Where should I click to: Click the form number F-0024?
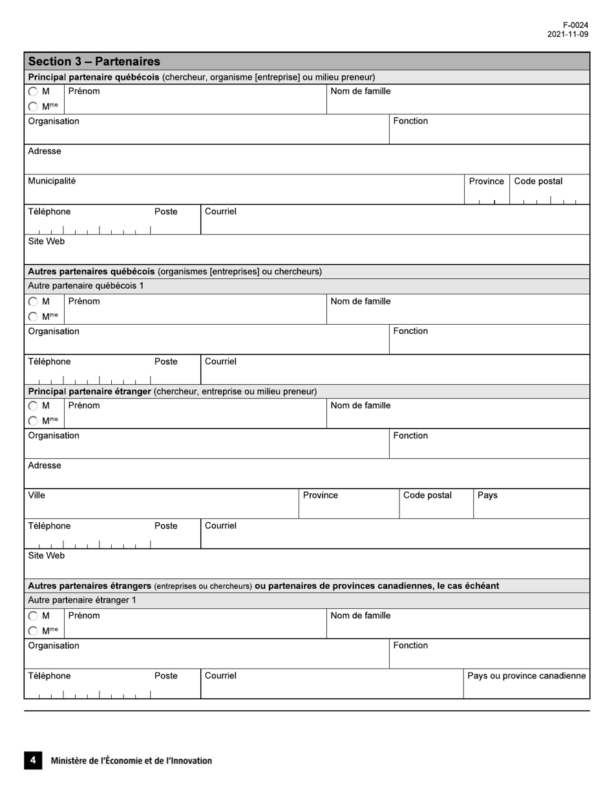point(575,25)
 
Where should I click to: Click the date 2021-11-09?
point(567,34)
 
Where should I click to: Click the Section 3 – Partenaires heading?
point(94,61)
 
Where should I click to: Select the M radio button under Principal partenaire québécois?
point(33,92)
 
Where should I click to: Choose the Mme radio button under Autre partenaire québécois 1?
point(33,316)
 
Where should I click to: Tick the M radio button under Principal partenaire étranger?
point(33,406)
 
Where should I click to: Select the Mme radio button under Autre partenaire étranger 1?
point(33,631)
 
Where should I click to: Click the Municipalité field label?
point(52,181)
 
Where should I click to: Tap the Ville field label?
point(37,496)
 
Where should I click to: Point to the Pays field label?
point(487,496)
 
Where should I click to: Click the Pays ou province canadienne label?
point(526,676)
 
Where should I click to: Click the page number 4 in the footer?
point(33,760)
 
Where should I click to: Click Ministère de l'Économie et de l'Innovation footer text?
point(131,760)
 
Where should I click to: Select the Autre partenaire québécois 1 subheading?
point(86,286)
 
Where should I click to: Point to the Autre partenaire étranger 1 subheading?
point(82,600)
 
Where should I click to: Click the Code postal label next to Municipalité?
point(538,181)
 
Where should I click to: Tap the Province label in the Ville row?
point(321,496)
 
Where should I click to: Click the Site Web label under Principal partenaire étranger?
point(46,556)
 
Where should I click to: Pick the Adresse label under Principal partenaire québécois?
point(45,151)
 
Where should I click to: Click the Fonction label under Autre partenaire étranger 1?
point(410,646)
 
